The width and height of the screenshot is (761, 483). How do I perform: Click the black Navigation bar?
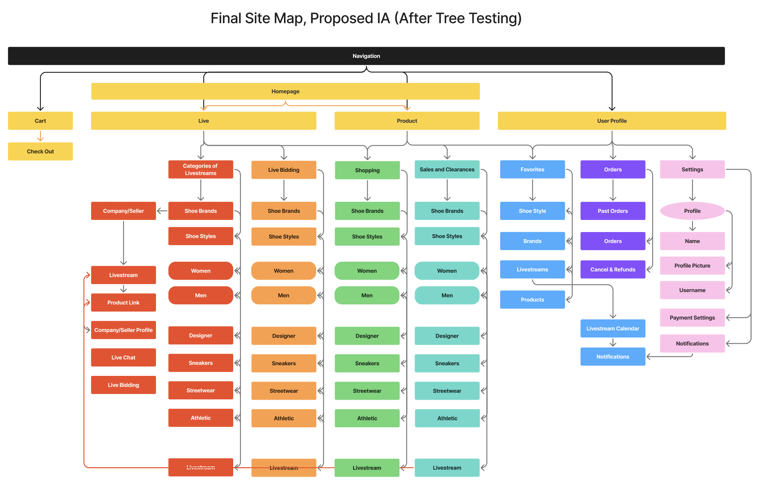point(366,56)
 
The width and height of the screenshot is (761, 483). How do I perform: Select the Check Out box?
point(41,151)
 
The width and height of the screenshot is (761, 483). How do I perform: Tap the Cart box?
point(41,121)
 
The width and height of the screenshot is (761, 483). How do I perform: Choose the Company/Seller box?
point(123,211)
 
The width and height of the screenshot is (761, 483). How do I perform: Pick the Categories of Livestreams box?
point(201,169)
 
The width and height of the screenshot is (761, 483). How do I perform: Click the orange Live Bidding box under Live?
point(284,170)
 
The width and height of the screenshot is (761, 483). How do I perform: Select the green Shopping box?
point(367,170)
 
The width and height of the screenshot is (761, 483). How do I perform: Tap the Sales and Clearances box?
point(447,170)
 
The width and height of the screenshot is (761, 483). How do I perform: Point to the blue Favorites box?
point(532,170)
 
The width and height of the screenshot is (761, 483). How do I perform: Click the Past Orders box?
point(613,211)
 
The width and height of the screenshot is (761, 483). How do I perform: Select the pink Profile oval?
point(692,211)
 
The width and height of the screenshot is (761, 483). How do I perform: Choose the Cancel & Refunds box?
point(613,270)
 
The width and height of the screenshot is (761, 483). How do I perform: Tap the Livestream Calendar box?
point(613,329)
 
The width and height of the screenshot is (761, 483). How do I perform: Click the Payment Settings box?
point(692,318)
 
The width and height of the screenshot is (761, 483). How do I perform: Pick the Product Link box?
point(123,302)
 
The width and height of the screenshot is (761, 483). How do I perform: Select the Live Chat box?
point(123,357)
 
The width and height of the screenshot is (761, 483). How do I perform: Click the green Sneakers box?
point(367,363)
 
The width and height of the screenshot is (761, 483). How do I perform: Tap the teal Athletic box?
point(447,418)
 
